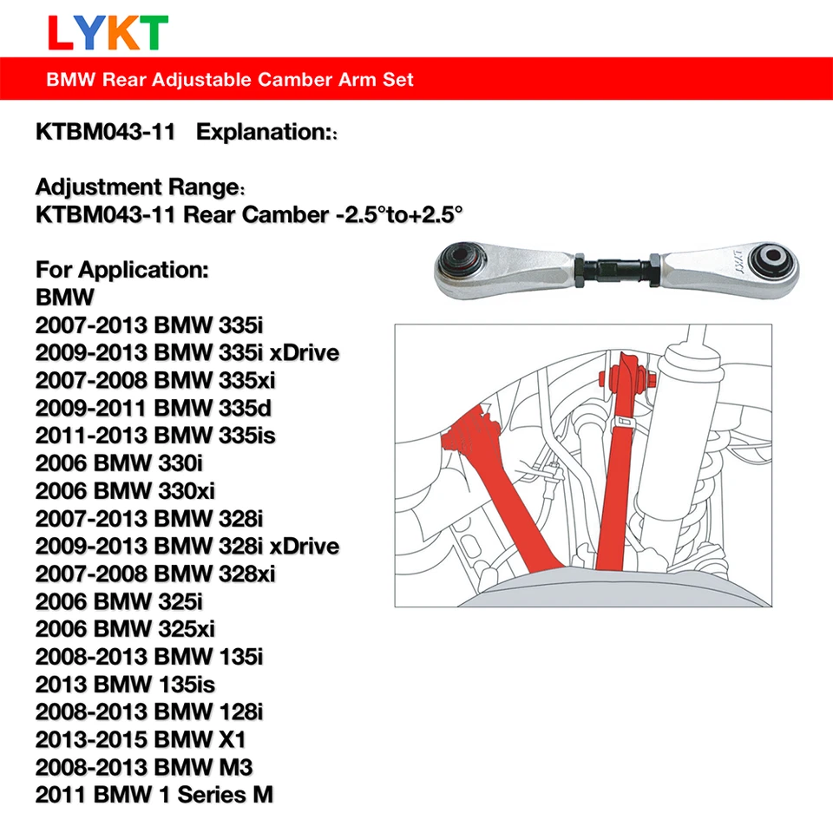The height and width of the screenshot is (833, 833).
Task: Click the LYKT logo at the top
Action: pyautogui.click(x=108, y=32)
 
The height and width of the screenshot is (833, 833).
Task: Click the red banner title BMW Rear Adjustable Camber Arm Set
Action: pyautogui.click(x=230, y=80)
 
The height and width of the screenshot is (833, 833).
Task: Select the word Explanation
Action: pyautogui.click(x=264, y=132)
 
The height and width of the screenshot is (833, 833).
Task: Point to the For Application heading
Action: pyautogui.click(x=122, y=269)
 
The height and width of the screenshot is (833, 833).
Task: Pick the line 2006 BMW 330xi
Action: pyautogui.click(x=125, y=490)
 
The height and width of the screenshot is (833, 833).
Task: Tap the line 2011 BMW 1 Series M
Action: pyautogui.click(x=154, y=794)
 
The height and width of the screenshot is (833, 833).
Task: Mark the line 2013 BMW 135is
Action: pyautogui.click(x=134, y=683)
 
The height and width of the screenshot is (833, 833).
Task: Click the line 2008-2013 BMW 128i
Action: pyautogui.click(x=148, y=711)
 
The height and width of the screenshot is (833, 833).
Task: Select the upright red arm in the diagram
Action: pyautogui.click(x=617, y=469)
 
